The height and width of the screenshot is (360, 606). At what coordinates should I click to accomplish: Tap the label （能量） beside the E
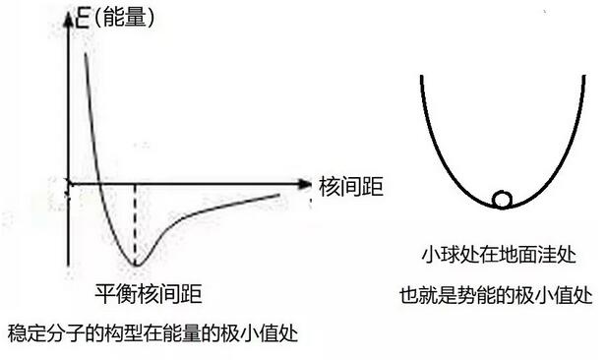[x=123, y=17]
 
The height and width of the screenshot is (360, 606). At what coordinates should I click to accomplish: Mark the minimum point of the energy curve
[x=136, y=266]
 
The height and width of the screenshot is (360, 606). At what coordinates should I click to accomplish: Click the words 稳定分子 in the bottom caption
[x=39, y=334]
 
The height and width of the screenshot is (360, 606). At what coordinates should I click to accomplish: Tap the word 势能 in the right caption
[x=486, y=294]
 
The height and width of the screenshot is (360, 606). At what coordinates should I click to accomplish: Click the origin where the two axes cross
[x=68, y=184]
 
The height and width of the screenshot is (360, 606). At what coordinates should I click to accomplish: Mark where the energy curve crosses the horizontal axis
[x=101, y=184]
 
